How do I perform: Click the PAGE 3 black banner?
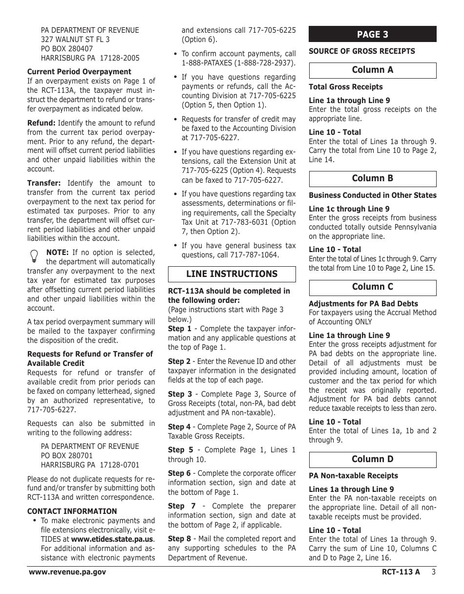click(372, 34)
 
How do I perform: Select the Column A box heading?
click(372, 70)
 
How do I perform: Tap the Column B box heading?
click(372, 178)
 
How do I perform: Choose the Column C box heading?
click(372, 287)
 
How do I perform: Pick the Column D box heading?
click(372, 459)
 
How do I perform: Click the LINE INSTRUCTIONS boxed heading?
click(232, 274)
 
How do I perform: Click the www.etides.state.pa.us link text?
click(112, 539)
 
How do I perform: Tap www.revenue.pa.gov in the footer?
click(67, 572)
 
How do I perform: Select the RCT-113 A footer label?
click(401, 572)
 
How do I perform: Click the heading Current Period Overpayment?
click(79, 72)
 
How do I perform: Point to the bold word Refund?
click(42, 123)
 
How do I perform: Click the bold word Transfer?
click(44, 183)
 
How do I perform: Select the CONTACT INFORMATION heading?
click(72, 511)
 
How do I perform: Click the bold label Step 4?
click(179, 427)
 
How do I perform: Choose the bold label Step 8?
click(179, 539)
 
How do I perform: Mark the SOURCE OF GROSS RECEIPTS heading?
click(361, 51)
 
